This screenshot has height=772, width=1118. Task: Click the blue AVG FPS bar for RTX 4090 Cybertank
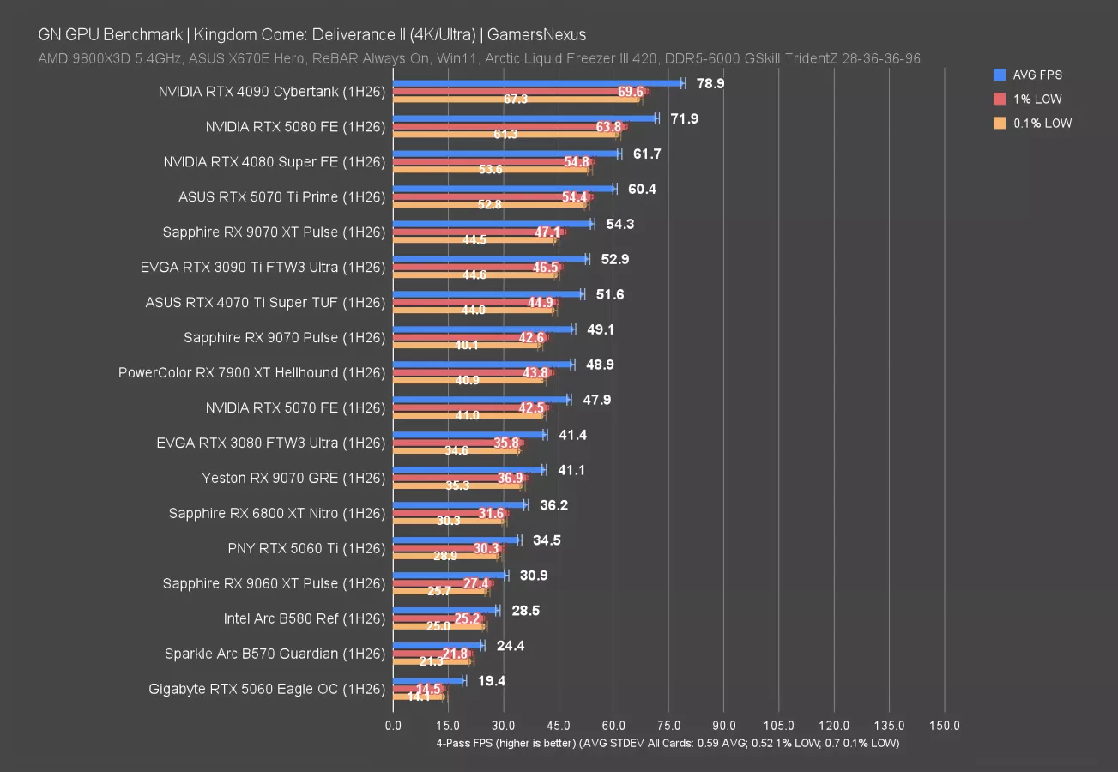coord(537,83)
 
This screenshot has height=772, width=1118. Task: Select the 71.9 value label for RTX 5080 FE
coord(684,118)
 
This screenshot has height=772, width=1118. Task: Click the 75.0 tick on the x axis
coord(668,726)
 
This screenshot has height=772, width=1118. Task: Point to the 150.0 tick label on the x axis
coord(944,726)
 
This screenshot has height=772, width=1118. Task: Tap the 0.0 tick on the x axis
coord(393,726)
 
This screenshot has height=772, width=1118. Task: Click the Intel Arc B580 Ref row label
coord(304,618)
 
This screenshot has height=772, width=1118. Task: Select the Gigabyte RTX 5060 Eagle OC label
coord(267,689)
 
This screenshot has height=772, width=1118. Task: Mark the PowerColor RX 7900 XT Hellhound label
coord(251,373)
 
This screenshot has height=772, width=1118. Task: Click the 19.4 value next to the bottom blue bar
coord(492,681)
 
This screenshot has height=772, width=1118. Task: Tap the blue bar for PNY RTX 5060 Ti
coord(456,540)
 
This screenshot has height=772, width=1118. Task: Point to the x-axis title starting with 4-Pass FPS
coord(668,743)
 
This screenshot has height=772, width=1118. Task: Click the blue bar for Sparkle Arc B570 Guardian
coord(438,646)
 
